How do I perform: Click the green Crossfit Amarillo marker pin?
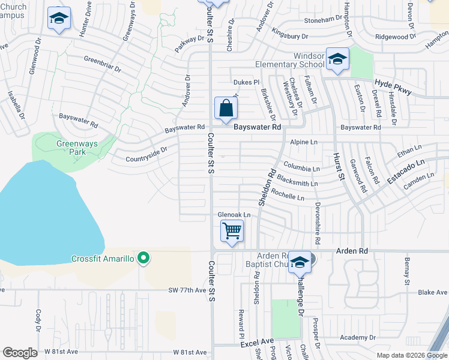[x=143, y=259]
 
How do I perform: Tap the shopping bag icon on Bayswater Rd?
[x=226, y=109]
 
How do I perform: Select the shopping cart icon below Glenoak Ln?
[x=232, y=231]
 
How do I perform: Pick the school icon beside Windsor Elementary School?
[x=337, y=59]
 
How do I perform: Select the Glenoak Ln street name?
[x=234, y=214]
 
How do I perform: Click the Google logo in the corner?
[x=20, y=353]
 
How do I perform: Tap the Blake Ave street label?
[x=433, y=292]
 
